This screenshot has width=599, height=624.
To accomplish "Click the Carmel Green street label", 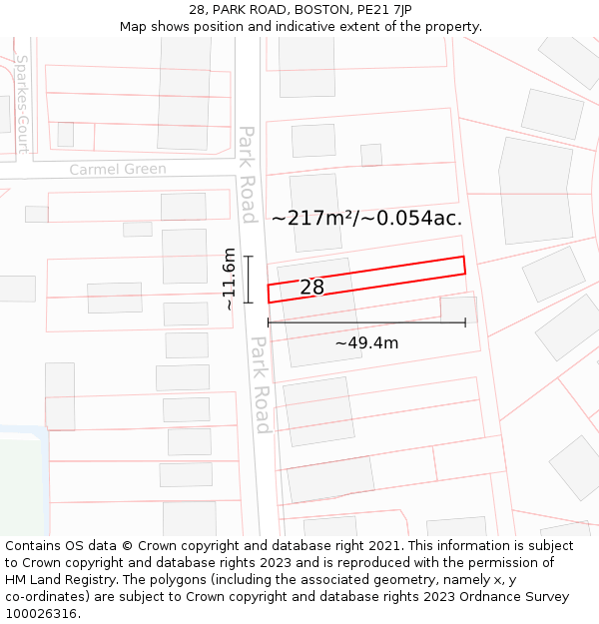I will pos(118,170).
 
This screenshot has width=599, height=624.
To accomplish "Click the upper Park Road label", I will pos(248,174).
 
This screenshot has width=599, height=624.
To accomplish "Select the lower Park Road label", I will pos(261,384).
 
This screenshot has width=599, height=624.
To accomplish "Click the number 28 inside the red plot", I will pos(311,288).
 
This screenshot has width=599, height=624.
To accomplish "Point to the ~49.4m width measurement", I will pos(366,343).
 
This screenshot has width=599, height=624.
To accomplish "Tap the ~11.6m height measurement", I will pos(230,280).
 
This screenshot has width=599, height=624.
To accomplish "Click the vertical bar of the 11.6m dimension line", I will pos(249,280).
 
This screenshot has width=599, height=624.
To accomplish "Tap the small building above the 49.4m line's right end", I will pos(458,309).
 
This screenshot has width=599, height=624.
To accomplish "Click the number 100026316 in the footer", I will pos(41,614).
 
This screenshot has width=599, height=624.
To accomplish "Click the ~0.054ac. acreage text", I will pos(413,218).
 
